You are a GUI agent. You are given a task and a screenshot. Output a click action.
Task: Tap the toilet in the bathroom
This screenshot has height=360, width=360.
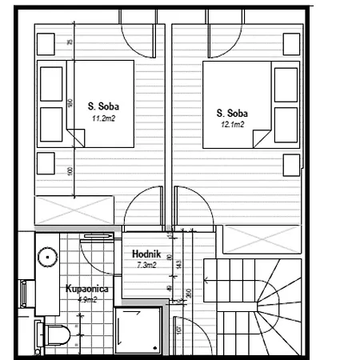(54, 335)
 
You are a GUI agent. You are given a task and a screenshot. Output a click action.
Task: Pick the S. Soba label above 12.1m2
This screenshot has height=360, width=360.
(231, 114)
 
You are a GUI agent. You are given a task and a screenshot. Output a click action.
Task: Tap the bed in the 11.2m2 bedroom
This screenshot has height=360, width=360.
(86, 104)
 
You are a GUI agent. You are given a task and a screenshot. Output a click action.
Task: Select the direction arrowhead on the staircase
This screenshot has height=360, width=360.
(206, 280)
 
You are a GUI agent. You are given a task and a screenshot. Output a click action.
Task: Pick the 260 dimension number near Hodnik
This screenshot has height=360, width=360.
(189, 292)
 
